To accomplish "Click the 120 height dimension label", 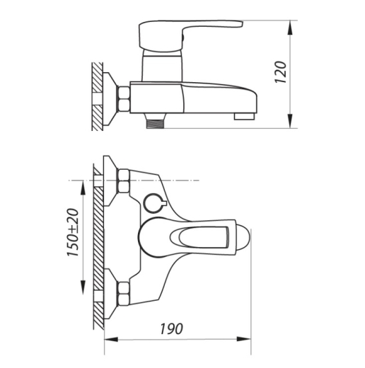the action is [x=281, y=72].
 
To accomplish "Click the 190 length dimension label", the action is [x=171, y=328].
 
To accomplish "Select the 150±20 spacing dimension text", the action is [x=73, y=233].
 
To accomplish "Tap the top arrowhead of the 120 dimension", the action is [x=290, y=28].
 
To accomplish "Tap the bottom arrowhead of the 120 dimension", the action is [x=290, y=121].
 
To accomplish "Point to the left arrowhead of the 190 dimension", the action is [x=111, y=340].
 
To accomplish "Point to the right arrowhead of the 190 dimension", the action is [x=244, y=339].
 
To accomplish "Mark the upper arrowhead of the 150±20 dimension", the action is [x=83, y=188].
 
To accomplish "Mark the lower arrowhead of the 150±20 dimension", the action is [x=83, y=287].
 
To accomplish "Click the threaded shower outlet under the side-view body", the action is [x=156, y=121].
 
